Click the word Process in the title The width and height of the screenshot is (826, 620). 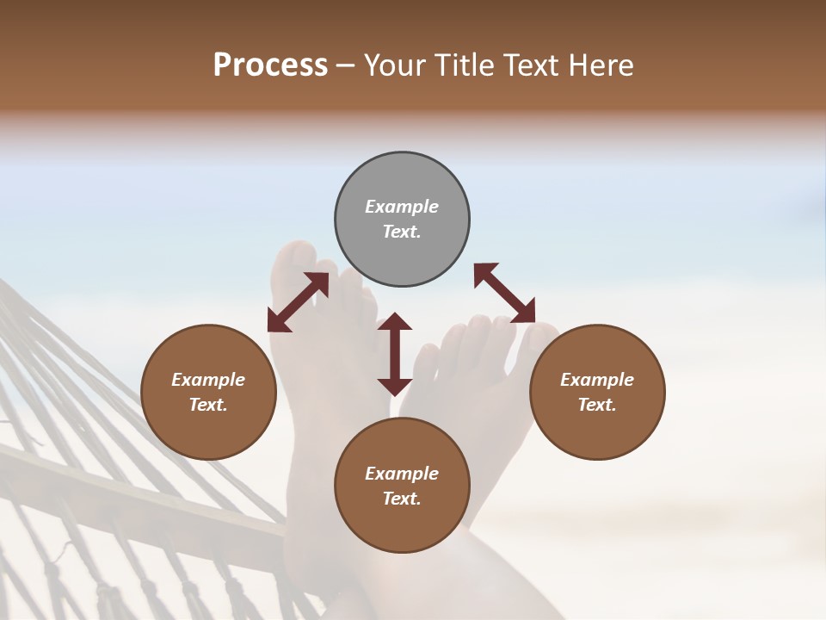tap(270, 65)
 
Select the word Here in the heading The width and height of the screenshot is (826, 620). tap(601, 65)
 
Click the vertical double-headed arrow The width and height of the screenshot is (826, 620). tap(395, 355)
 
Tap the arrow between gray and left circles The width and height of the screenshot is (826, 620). tap(298, 302)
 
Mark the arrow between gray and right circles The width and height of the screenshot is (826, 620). tap(504, 293)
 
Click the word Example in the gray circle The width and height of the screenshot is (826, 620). tap(402, 207)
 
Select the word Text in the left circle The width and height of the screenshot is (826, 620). tap(208, 405)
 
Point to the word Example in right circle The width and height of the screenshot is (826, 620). tap(597, 380)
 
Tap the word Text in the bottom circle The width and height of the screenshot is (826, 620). tap(402, 499)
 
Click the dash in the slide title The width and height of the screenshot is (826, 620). tap(346, 65)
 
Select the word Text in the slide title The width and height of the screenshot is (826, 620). tap(533, 65)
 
